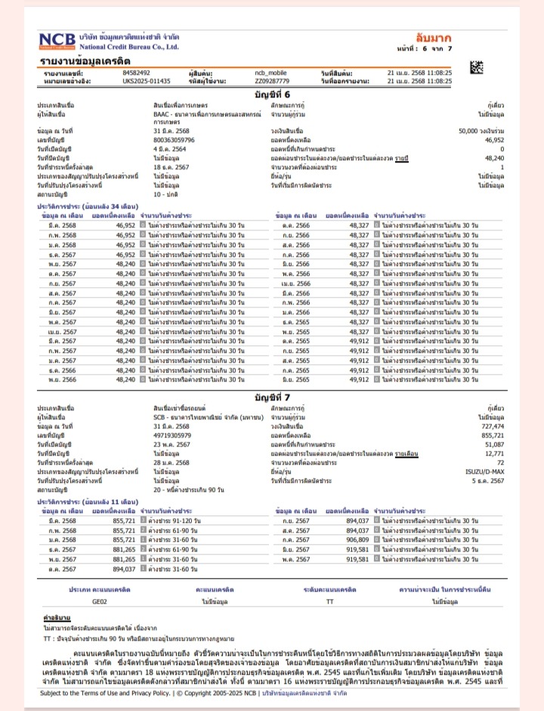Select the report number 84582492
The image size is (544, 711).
[x=137, y=73]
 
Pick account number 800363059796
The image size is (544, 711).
[x=175, y=141]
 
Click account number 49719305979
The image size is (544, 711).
[x=172, y=436]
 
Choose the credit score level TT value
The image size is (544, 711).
[x=329, y=601]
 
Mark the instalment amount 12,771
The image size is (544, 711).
[x=493, y=453]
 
